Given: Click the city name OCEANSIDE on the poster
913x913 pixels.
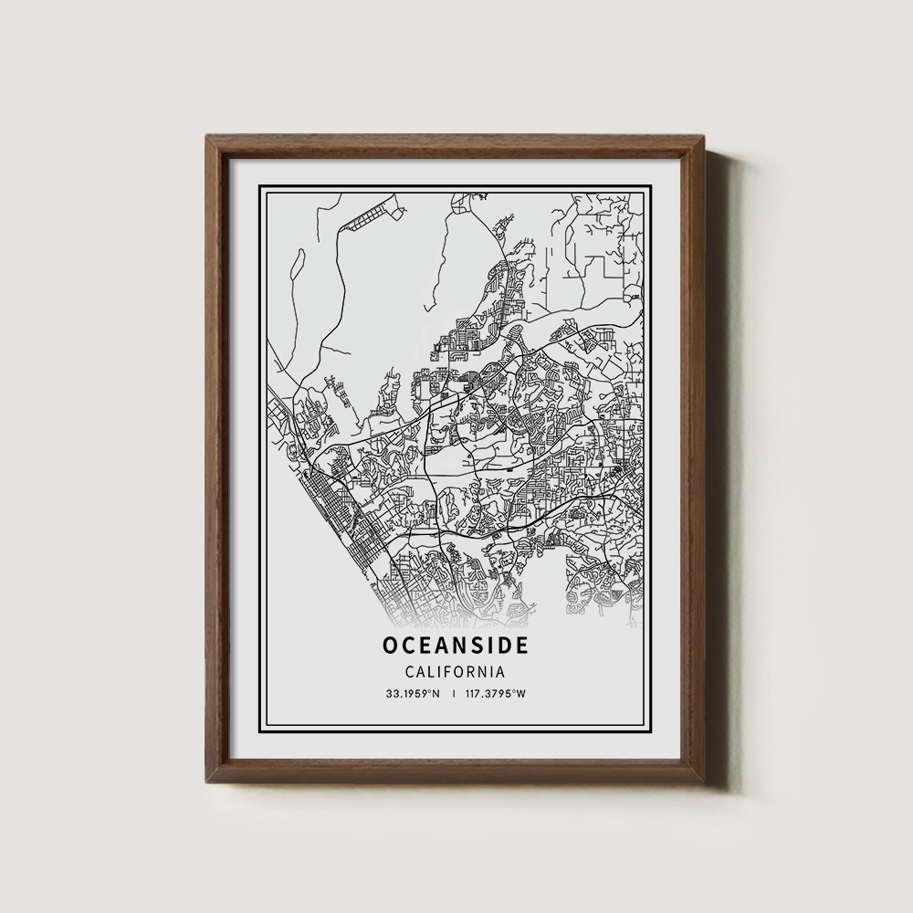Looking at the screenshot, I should click(x=455, y=645).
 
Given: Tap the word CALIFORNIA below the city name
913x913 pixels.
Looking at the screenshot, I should click(x=455, y=671).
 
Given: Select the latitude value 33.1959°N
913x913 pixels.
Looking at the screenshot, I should click(x=414, y=694).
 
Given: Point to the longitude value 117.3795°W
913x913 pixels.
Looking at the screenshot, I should click(x=496, y=694).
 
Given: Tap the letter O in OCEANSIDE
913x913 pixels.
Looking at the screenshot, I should click(x=391, y=645).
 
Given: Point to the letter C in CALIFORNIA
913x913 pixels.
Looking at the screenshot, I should click(x=408, y=671).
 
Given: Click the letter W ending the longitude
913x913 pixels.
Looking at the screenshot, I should click(x=522, y=694).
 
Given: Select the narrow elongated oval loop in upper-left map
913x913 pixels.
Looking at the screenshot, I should click(x=296, y=260).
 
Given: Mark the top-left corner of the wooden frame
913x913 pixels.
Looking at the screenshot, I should click(x=207, y=137).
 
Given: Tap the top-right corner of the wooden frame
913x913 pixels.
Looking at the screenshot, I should click(x=706, y=137).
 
